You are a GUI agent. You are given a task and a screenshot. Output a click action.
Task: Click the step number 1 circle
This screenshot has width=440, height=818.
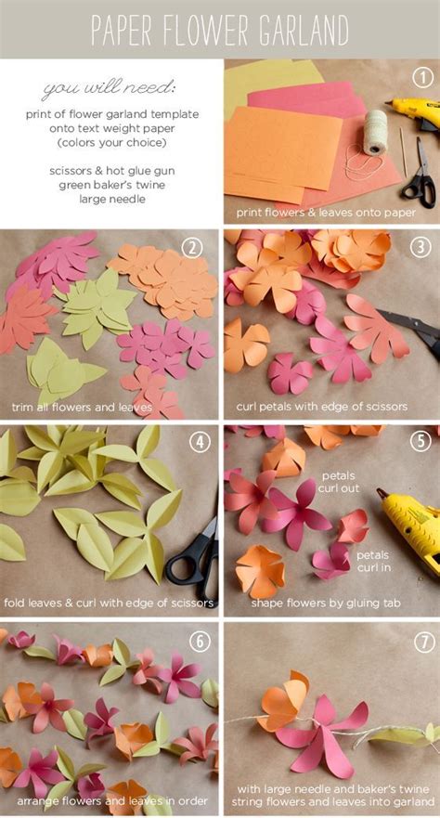point(423,78)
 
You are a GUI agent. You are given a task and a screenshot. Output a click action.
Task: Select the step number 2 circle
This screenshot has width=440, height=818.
point(193,247)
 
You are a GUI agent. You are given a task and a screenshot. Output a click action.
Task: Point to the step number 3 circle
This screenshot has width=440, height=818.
point(421,247)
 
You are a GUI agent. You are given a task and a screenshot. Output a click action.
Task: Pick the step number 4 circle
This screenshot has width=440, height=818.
point(201,442)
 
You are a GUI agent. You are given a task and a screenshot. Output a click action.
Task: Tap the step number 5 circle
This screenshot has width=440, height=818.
point(421,442)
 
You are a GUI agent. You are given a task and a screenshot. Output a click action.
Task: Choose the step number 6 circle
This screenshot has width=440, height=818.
point(201,641)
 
